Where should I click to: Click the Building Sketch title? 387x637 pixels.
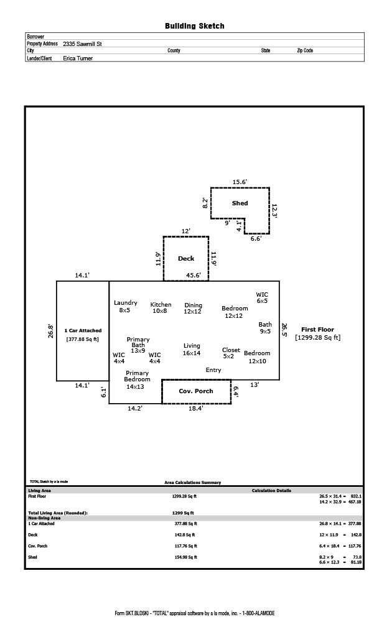pos(194,26)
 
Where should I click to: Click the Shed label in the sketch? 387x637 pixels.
pos(240,203)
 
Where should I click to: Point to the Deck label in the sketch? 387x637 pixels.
pos(186,258)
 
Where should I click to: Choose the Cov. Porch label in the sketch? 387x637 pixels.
pos(195,391)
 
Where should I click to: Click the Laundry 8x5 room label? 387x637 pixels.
pos(125,306)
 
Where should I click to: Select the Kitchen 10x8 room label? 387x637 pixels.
pos(161,307)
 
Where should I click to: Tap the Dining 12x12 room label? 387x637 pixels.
pos(193,308)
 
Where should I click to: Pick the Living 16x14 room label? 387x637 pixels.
pos(192,349)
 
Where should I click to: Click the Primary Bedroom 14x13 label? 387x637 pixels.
pos(136,379)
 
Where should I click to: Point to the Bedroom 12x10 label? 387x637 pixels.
pos(257,357)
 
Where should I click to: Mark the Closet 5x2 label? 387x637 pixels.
pos(231,353)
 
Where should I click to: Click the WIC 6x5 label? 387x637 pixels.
pos(262,297)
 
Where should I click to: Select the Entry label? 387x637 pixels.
pos(213,370)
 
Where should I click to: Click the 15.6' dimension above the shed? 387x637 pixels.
pos(240,182)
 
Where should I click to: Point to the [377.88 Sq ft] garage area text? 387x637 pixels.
pos(82,339)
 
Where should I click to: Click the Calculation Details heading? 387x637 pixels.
pos(271,491)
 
